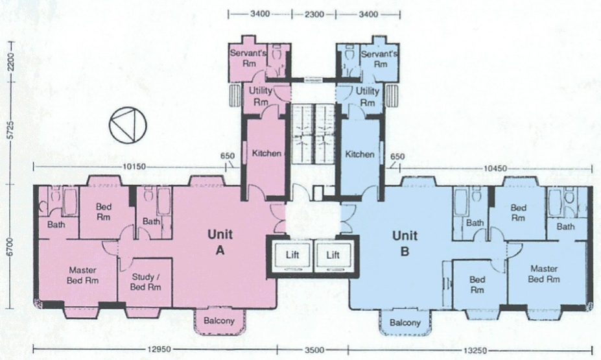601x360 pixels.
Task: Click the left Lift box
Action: pos(292,255)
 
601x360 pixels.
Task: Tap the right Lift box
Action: pos(333,255)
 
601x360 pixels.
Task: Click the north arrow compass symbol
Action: pos(128,125)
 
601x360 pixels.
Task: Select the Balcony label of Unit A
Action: pos(219,320)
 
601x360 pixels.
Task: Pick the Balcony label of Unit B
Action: pos(405,323)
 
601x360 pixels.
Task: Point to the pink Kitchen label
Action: pos(266,153)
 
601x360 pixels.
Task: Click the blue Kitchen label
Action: pos(360,154)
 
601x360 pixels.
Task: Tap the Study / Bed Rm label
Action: pos(146,282)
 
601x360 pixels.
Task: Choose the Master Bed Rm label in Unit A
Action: pos(82,275)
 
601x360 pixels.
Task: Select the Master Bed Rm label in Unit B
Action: pos(544,274)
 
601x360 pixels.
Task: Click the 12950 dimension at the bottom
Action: pos(159,350)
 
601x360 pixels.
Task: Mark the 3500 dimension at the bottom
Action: pos(314,350)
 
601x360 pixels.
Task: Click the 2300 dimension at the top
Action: pos(314,14)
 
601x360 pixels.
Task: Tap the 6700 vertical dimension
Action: pos(10,247)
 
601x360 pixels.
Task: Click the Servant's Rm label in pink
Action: pos(248,58)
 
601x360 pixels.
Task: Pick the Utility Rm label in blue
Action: pos(367,97)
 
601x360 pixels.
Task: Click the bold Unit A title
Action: pos(220,243)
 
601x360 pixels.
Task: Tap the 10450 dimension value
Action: pos(495,168)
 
